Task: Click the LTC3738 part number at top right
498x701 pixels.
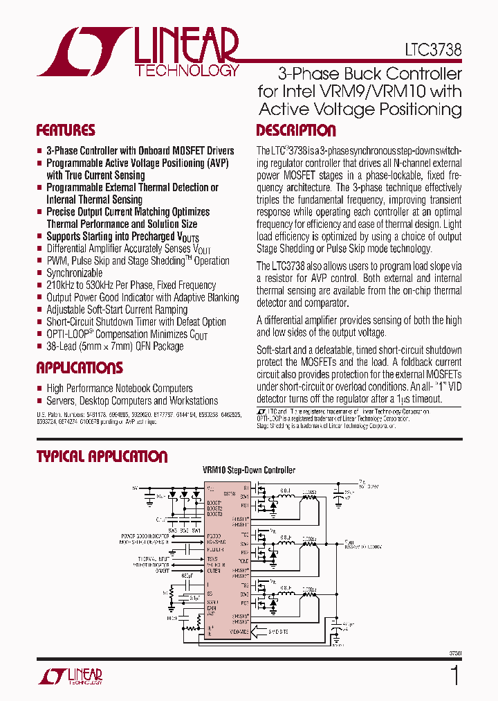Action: [x=433, y=50]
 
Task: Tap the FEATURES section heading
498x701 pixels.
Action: [x=66, y=131]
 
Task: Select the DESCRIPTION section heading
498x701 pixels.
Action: [x=296, y=131]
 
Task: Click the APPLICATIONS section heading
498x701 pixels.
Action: [x=80, y=368]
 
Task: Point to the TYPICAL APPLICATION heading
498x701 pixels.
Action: [x=102, y=456]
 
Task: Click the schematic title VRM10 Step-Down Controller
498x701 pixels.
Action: [x=249, y=470]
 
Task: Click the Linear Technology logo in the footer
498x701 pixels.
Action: [x=70, y=676]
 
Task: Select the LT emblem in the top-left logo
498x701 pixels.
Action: [x=84, y=52]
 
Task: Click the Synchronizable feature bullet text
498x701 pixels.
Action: [x=75, y=273]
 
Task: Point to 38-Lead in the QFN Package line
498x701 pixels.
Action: [x=62, y=346]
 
